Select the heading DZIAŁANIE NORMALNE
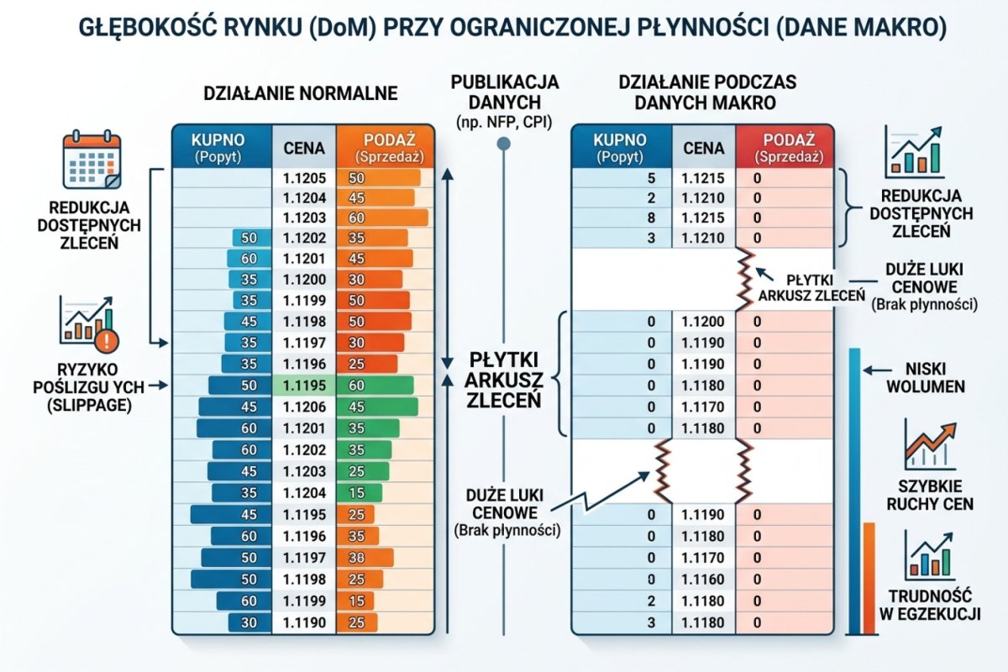pyautogui.click(x=300, y=92)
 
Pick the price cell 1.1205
pyautogui.click(x=303, y=178)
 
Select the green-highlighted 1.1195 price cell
pyautogui.click(x=303, y=386)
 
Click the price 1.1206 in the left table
pyautogui.click(x=303, y=407)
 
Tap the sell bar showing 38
pyautogui.click(x=363, y=557)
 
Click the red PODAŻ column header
pyautogui.click(x=785, y=147)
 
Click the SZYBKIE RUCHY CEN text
pyautogui.click(x=929, y=495)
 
